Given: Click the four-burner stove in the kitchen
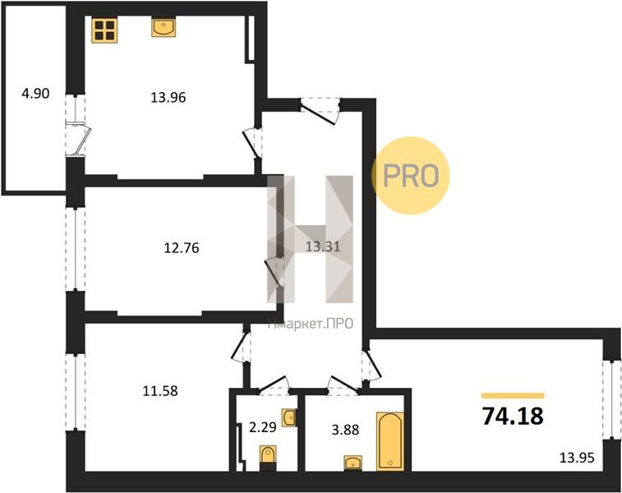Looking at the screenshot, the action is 104,30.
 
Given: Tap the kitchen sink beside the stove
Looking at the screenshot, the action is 164,28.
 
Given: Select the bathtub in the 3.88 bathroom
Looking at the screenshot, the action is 390,441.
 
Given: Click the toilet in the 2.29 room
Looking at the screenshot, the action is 268,458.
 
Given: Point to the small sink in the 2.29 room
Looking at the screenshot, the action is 289,418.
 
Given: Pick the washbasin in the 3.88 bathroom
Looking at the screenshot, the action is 352,463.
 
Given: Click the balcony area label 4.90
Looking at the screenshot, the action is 35,94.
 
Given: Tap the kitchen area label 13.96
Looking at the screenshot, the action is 168,97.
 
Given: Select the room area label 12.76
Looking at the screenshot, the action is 182,248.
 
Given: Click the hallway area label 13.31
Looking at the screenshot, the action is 323,246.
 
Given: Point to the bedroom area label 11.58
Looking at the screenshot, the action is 160,391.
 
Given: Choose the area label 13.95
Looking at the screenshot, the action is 577,458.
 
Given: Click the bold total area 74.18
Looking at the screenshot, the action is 513,416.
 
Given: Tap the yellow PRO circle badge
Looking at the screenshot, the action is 411,175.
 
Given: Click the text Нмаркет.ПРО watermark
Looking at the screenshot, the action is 311,324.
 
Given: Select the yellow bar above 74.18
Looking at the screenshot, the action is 513,395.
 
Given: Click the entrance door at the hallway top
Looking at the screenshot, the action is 320,111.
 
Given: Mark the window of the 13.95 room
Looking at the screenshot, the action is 611,400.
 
